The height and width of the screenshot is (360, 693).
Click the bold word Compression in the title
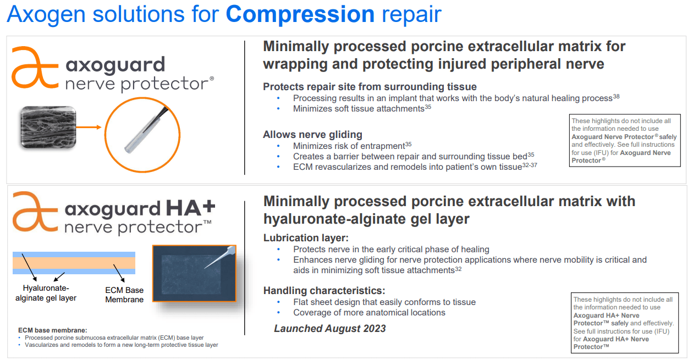point(300,14)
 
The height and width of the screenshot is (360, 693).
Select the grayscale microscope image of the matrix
point(48,127)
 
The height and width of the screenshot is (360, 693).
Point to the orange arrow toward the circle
point(89,127)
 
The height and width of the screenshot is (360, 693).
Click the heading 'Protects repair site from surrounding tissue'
point(370,87)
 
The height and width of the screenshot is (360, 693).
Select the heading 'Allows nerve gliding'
point(312,135)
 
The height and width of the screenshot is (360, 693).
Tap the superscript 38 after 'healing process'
point(616,96)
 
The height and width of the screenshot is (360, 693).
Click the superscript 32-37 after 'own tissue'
point(530,165)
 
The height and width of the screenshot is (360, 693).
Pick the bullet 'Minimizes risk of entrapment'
point(349,146)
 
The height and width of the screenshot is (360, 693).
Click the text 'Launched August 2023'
point(330,329)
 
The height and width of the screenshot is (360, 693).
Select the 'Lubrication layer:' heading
point(306,237)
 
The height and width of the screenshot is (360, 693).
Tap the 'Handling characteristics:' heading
point(324,290)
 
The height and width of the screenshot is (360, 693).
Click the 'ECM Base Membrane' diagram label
point(124,295)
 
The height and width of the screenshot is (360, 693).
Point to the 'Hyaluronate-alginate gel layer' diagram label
point(46,293)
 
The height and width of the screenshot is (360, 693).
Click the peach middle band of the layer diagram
point(74,263)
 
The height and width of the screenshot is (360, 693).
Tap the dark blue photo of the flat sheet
point(194,273)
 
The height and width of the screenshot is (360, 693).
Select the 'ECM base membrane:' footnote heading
point(53,330)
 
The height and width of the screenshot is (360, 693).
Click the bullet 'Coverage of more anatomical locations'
point(369,312)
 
